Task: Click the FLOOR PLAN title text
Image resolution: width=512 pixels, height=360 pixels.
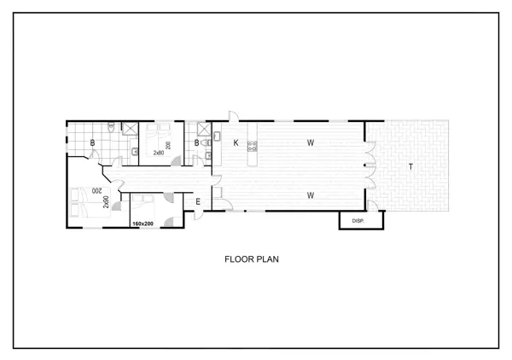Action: (252, 259)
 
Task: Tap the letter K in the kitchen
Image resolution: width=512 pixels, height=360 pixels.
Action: (236, 142)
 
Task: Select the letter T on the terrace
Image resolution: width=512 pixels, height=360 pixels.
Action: (410, 167)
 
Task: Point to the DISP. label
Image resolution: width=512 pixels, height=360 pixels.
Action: (358, 221)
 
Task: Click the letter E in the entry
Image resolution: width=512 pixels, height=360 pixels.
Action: (198, 202)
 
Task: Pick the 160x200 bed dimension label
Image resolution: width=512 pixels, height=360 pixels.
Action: (143, 224)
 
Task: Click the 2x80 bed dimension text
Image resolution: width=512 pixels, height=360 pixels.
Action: (159, 153)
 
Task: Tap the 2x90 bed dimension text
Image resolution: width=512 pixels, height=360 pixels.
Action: (106, 202)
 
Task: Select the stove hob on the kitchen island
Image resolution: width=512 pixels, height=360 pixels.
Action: (252, 146)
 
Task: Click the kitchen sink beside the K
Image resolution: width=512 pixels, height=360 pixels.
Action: (218, 136)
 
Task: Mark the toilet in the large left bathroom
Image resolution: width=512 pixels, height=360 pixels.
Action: (111, 126)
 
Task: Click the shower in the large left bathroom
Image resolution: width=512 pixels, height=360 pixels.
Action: (130, 128)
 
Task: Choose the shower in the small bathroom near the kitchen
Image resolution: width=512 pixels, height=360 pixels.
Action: (205, 128)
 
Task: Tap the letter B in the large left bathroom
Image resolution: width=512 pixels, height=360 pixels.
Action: (92, 142)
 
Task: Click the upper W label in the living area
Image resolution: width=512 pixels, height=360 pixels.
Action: (311, 142)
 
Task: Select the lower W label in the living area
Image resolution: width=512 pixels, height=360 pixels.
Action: (311, 195)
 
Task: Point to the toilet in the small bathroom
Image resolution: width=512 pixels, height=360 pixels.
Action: (207, 142)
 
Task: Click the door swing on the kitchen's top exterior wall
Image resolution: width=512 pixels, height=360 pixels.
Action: (233, 116)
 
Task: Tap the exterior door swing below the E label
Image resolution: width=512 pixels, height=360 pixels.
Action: (198, 216)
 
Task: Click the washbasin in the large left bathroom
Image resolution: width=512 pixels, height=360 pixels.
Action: (134, 152)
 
